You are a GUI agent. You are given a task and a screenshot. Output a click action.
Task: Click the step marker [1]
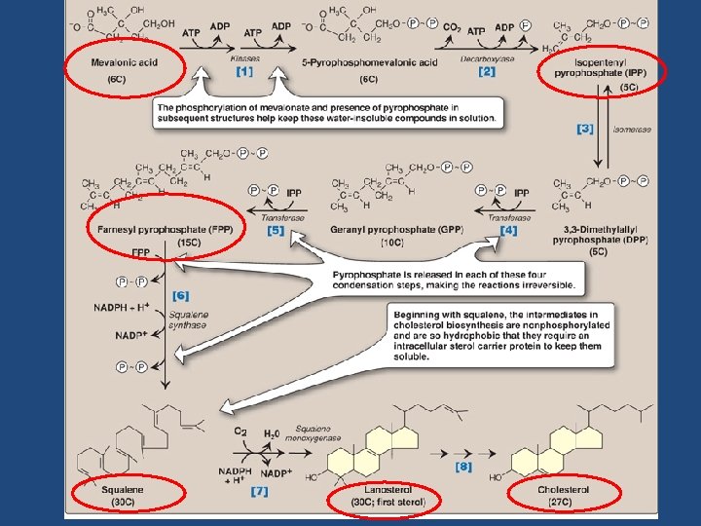click(243, 71)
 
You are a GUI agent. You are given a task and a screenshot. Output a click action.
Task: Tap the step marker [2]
click(487, 71)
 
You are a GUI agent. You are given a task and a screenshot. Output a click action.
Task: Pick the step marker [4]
click(508, 230)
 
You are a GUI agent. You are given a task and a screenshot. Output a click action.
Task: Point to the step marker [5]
click(275, 231)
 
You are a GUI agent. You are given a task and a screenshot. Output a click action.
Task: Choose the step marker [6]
click(181, 294)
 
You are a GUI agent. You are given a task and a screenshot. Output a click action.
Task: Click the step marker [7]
click(259, 491)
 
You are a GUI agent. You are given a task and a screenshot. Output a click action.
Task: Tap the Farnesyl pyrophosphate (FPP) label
click(166, 229)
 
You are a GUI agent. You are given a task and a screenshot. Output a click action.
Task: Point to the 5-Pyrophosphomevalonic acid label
click(354, 63)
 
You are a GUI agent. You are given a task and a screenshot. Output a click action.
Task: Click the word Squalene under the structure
click(123, 489)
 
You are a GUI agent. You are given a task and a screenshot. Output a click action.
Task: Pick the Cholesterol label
click(563, 489)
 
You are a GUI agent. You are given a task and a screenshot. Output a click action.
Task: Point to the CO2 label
click(452, 27)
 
